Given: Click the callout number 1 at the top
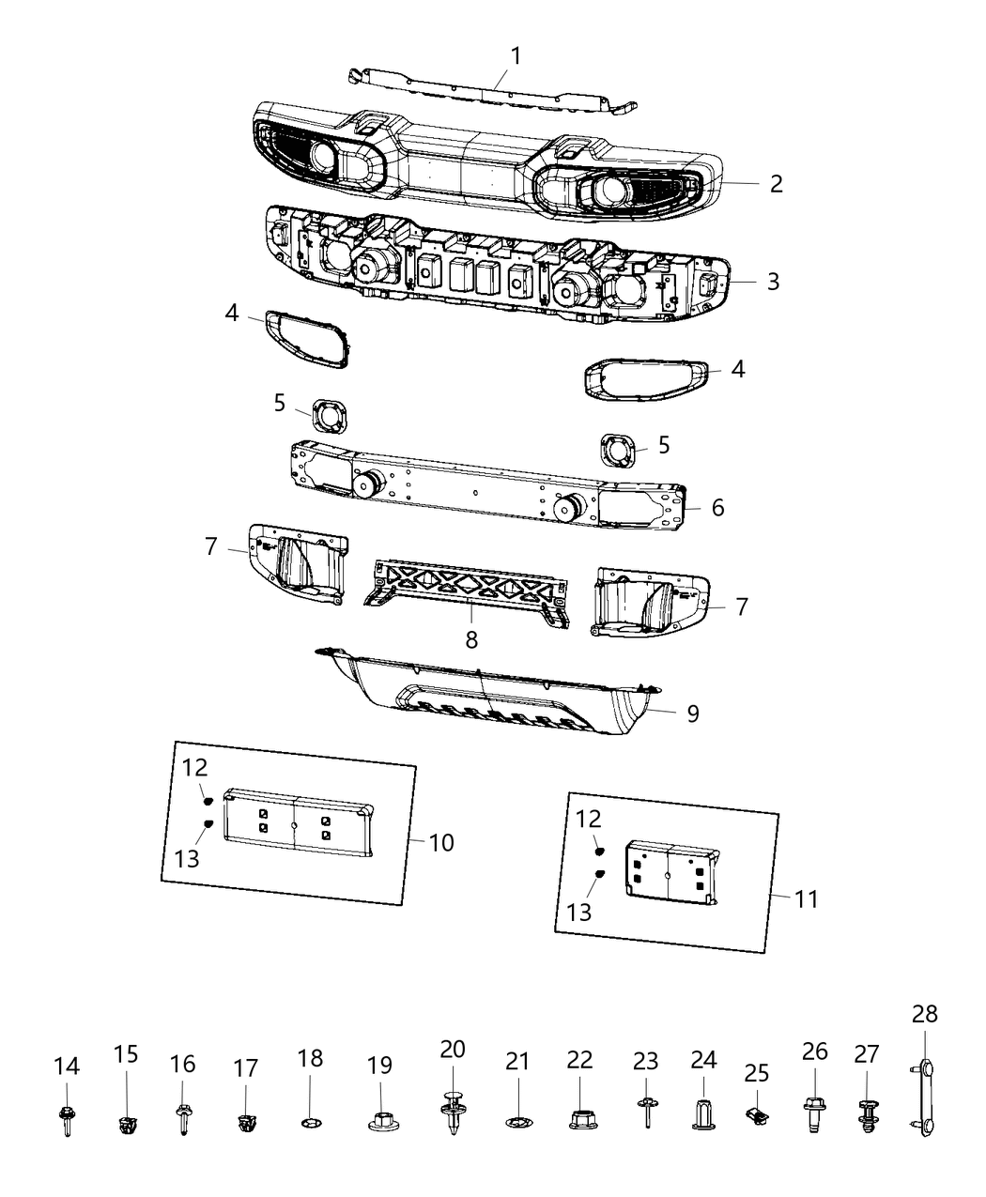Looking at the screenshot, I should [515, 55].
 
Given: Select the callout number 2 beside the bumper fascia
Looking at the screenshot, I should [775, 183].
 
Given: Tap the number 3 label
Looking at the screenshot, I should [772, 281].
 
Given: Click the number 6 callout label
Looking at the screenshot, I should [717, 507].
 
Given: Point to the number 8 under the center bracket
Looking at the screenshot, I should [470, 639].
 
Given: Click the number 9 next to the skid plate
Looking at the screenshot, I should [692, 714].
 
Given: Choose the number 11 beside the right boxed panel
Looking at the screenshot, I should [806, 898].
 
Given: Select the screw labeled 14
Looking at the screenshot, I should [66, 1118].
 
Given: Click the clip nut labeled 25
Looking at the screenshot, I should [757, 1116].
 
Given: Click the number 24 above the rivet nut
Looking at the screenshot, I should [703, 1059].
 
